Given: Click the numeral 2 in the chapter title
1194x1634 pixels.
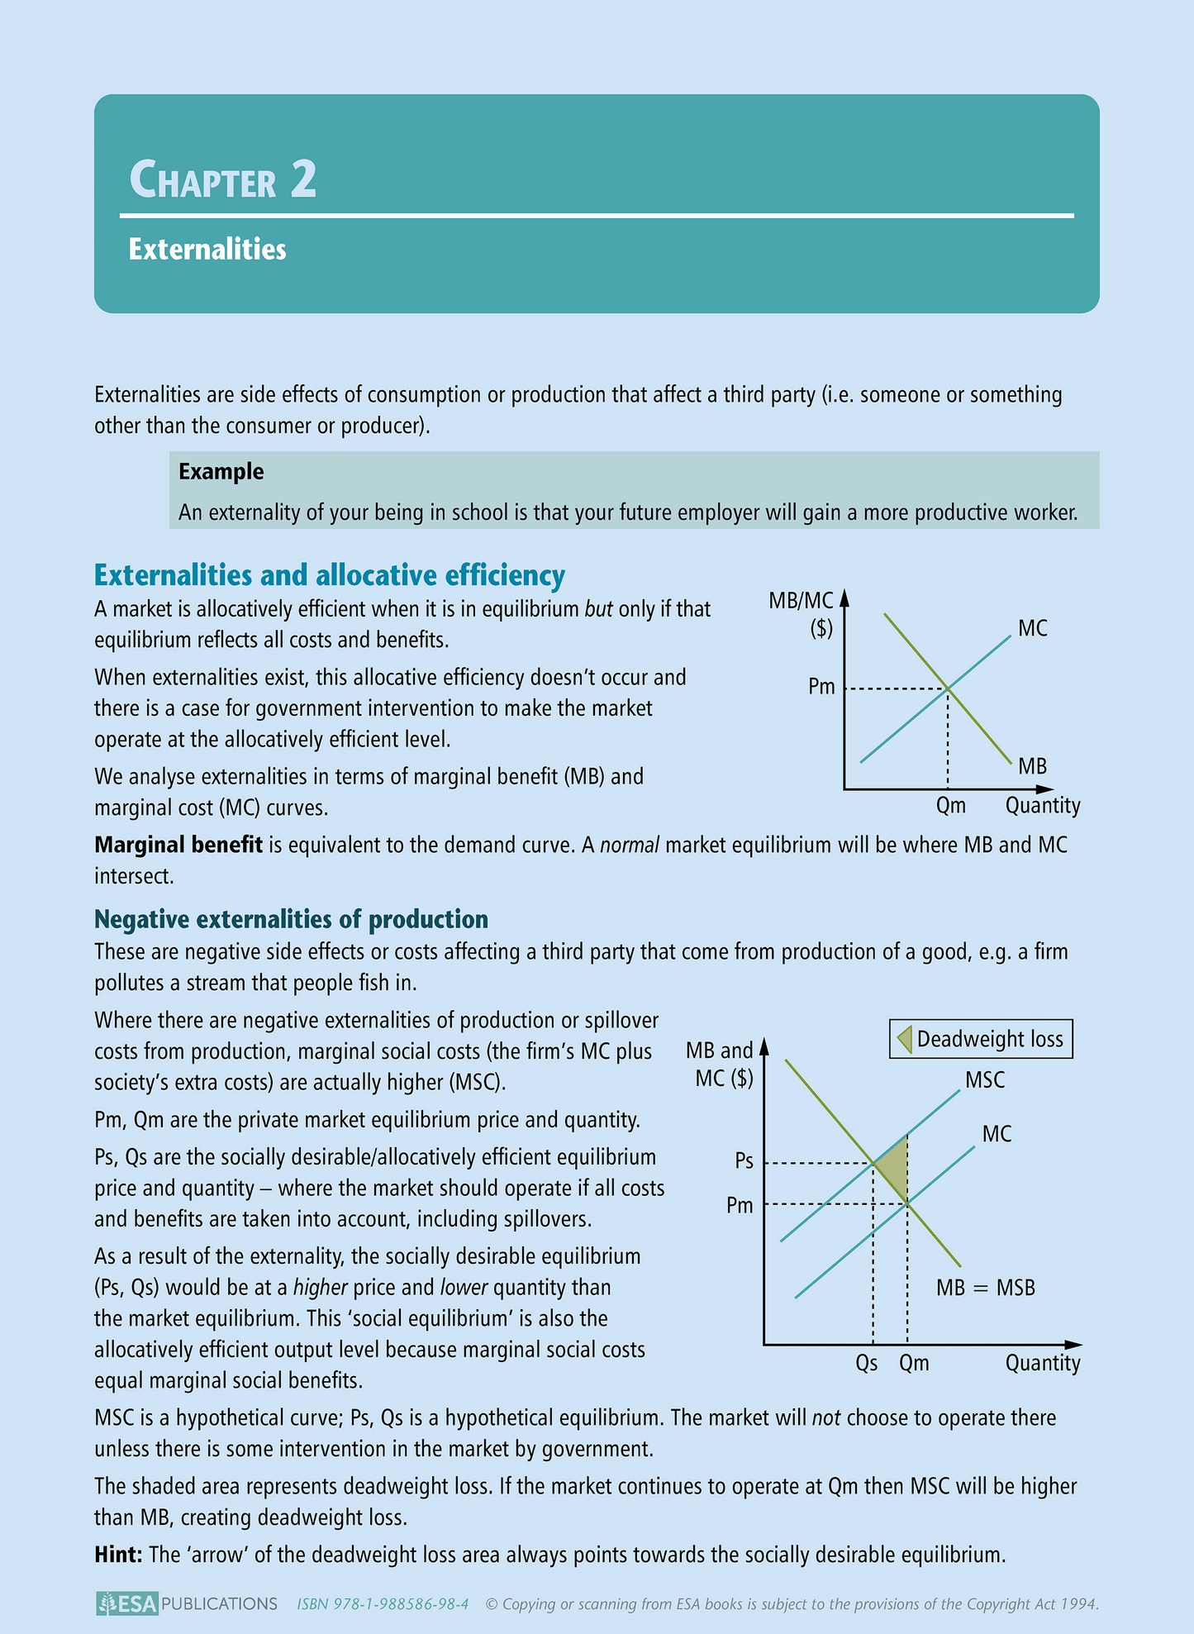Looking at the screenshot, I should click(x=303, y=179).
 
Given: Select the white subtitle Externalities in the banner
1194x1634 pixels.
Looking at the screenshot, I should click(x=207, y=250).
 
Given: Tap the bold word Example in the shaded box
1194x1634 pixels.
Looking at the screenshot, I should click(x=221, y=472).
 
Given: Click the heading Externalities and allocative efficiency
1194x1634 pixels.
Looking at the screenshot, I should click(x=330, y=575).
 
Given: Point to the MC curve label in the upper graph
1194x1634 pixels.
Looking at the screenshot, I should click(x=1032, y=629).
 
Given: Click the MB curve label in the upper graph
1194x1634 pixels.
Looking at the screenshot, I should click(x=1032, y=766).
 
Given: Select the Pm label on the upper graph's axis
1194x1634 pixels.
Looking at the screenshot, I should click(x=821, y=687).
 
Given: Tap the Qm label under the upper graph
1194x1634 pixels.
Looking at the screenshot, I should click(x=950, y=806).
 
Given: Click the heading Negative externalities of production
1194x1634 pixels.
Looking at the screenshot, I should click(x=291, y=919).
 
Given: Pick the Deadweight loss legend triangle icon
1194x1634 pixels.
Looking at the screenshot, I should click(x=904, y=1039).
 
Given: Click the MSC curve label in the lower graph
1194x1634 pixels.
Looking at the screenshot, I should click(x=985, y=1080).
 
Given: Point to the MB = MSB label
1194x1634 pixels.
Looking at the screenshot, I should click(x=985, y=1288).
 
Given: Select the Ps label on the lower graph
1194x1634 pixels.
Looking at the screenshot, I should click(x=744, y=1161).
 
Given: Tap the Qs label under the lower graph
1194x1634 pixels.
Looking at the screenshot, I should click(x=866, y=1363).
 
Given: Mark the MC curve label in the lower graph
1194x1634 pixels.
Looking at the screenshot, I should click(x=997, y=1135).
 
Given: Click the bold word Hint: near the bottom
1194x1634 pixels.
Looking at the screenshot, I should click(x=119, y=1555).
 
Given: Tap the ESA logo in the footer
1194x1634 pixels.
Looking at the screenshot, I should click(x=126, y=1604).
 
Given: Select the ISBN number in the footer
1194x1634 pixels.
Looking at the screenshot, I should click(x=383, y=1604).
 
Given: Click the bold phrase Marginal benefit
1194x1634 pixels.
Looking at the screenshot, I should click(x=178, y=845).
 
